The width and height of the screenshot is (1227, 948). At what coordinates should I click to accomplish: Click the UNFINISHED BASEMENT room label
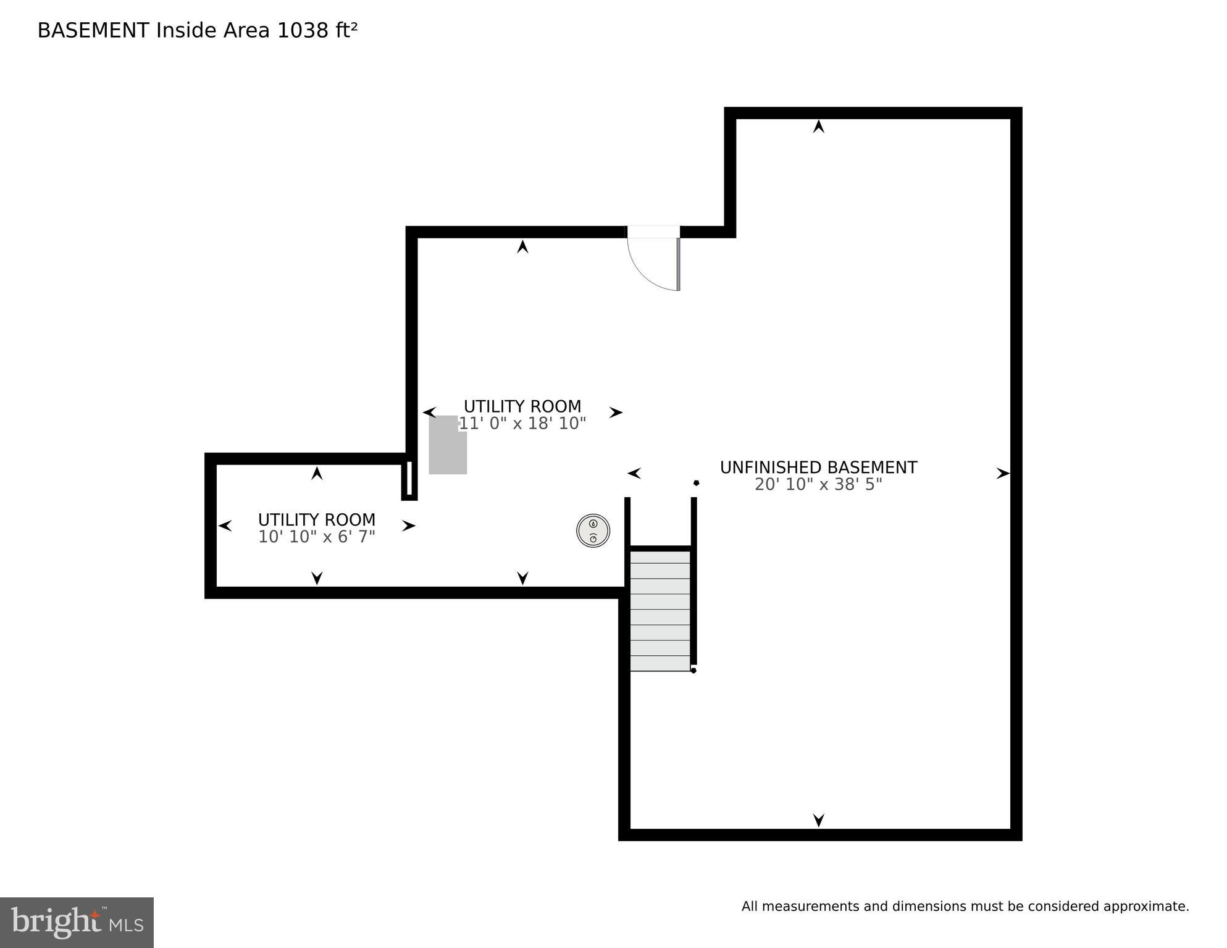(x=818, y=468)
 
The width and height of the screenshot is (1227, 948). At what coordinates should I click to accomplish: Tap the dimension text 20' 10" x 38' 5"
(x=818, y=485)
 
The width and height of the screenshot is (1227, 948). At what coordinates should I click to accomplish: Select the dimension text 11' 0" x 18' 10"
(x=522, y=424)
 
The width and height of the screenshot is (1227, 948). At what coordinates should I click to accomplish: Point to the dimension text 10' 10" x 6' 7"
(x=316, y=537)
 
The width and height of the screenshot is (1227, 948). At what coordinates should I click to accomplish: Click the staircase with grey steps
(x=660, y=610)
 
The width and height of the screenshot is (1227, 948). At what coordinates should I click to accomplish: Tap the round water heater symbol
(x=593, y=531)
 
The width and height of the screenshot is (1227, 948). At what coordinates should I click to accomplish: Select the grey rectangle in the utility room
(x=448, y=445)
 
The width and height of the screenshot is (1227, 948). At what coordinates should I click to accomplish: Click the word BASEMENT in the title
(x=93, y=30)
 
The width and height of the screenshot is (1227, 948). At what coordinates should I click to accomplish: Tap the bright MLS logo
(x=77, y=922)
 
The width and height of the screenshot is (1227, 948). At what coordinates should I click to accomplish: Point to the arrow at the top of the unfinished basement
(x=818, y=127)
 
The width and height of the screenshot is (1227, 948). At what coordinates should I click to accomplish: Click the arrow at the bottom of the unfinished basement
(x=818, y=820)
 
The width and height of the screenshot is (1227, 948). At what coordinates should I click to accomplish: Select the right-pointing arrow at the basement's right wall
(x=1002, y=474)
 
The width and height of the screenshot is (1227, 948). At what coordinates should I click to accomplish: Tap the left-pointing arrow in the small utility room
(x=225, y=526)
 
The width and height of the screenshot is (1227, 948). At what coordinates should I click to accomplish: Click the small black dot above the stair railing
(x=696, y=483)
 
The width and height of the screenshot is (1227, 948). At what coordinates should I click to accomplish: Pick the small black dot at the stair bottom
(x=693, y=670)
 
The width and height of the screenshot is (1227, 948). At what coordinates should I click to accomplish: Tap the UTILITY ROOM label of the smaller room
(x=316, y=519)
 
